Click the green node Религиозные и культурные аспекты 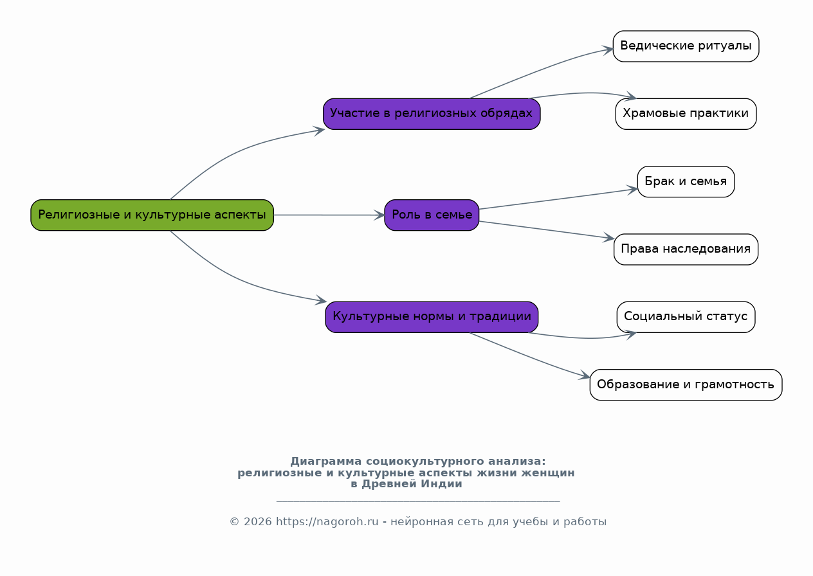pyautogui.click(x=152, y=215)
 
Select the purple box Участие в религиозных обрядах pyautogui.click(x=432, y=114)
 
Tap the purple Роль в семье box pyautogui.click(x=432, y=215)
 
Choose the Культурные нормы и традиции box pyautogui.click(x=432, y=317)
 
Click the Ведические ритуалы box pyautogui.click(x=686, y=46)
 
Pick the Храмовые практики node pyautogui.click(x=686, y=114)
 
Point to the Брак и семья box pyautogui.click(x=686, y=182)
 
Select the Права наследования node pyautogui.click(x=686, y=249)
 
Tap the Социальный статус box pyautogui.click(x=686, y=317)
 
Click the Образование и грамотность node pyautogui.click(x=686, y=385)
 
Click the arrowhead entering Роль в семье pyautogui.click(x=379, y=215)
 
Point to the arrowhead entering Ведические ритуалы pyautogui.click(x=608, y=50)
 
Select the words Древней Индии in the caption pyautogui.click(x=412, y=484)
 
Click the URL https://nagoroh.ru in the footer pyautogui.click(x=327, y=521)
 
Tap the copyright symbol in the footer pyautogui.click(x=235, y=521)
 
